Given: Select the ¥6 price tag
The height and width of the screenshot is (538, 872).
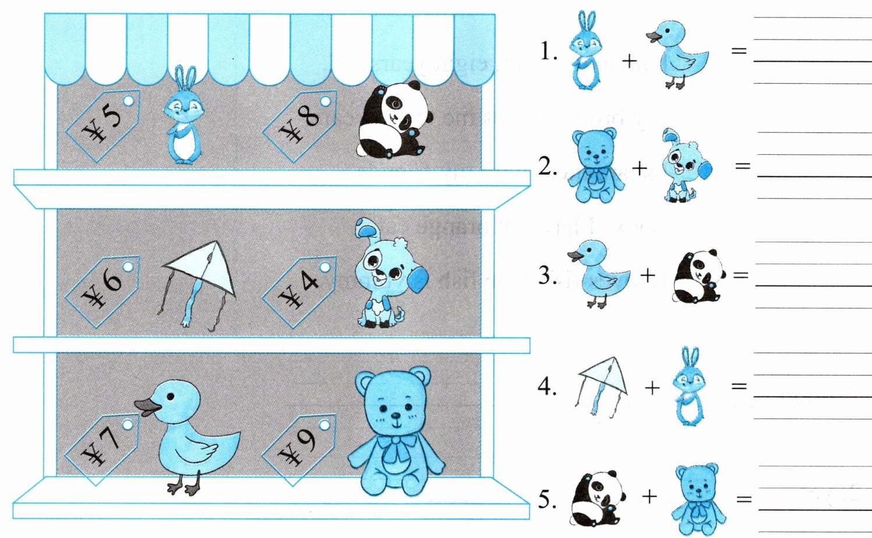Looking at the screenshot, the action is pyautogui.click(x=103, y=291).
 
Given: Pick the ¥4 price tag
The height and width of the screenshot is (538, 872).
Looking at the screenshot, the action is pyautogui.click(x=299, y=291).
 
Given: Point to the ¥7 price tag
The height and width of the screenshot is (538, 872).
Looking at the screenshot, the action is pyautogui.click(x=103, y=449).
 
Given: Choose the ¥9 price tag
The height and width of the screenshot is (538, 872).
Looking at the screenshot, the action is pyautogui.click(x=299, y=450).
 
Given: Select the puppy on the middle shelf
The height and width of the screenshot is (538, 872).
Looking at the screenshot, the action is pyautogui.click(x=391, y=272).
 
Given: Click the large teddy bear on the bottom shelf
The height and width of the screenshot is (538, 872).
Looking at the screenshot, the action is pyautogui.click(x=396, y=431).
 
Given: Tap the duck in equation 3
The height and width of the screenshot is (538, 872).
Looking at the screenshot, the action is pyautogui.click(x=599, y=274).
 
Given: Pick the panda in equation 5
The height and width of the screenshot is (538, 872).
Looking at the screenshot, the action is pyautogui.click(x=598, y=498).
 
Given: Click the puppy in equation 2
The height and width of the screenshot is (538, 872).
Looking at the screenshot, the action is pyautogui.click(x=687, y=165).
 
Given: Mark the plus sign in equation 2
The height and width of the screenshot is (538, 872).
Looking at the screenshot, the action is pyautogui.click(x=640, y=168).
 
